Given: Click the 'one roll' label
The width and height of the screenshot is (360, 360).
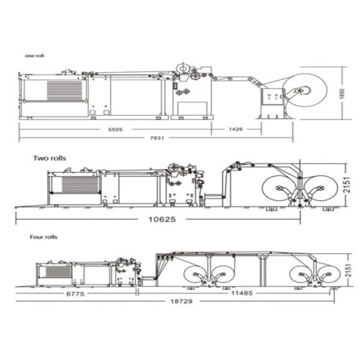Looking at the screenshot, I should pyautogui.click(x=34, y=56).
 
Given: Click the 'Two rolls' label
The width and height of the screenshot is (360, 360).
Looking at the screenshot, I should pyautogui.click(x=49, y=158).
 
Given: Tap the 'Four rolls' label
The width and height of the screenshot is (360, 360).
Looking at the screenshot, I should pyautogui.click(x=43, y=238).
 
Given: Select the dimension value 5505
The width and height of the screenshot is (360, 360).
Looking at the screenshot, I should pyautogui.click(x=115, y=128).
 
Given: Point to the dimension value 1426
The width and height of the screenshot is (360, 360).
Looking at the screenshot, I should pyautogui.click(x=236, y=128).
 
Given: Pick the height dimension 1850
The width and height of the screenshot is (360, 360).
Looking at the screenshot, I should pyautogui.click(x=342, y=94).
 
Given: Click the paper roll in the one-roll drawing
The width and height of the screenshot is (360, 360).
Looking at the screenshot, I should pyautogui.click(x=305, y=92).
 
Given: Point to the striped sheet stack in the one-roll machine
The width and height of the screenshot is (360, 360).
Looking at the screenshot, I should pyautogui.click(x=65, y=91).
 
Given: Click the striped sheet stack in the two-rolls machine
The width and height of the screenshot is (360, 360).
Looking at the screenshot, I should pyautogui.click(x=79, y=185).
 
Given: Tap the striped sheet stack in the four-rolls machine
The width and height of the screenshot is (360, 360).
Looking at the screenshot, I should pyautogui.click(x=58, y=272).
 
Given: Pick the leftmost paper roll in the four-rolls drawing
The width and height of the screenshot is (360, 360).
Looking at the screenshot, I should pyautogui.click(x=194, y=275).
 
